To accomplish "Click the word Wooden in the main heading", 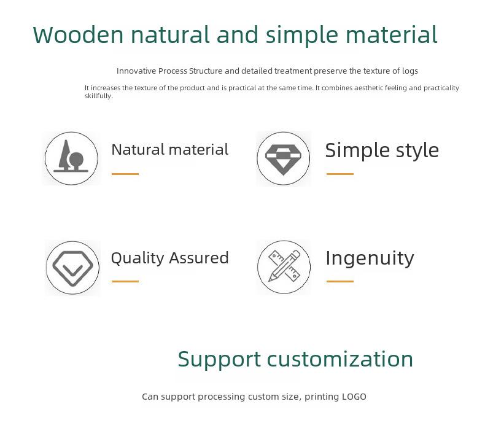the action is (x=78, y=34).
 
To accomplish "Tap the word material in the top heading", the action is (x=391, y=34).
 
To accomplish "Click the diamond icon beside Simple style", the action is (x=284, y=158).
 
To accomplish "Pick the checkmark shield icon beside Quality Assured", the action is (x=72, y=268).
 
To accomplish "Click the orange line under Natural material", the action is (x=125, y=174).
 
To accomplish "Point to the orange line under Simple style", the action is (x=340, y=174).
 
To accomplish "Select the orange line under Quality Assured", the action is (x=125, y=281).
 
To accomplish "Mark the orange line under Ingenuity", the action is (x=340, y=281).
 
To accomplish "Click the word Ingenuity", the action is (x=370, y=259).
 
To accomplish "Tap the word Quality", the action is (x=138, y=258).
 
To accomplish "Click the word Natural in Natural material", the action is (x=138, y=150).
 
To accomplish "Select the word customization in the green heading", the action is (x=340, y=359).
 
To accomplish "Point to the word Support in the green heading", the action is (x=219, y=360).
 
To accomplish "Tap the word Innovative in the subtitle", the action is (x=136, y=71).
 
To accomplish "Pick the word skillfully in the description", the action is (x=99, y=96).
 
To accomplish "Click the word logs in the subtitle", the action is (x=410, y=71).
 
